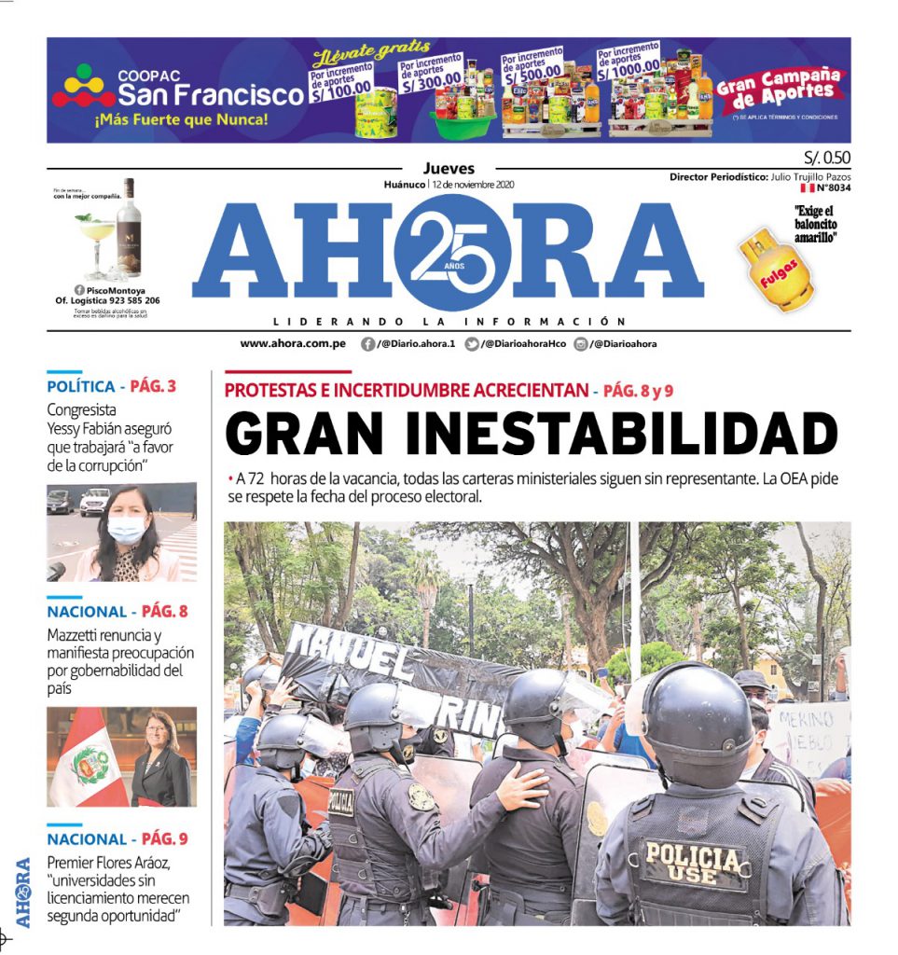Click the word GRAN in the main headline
(x=296, y=436)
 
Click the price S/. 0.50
(x=826, y=157)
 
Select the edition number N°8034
(x=833, y=187)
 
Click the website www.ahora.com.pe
(x=293, y=344)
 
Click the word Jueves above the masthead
(x=449, y=169)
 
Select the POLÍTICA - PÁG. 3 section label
(x=111, y=386)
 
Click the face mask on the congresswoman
(x=126, y=529)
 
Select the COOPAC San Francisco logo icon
(x=83, y=87)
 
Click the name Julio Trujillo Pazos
(x=810, y=176)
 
